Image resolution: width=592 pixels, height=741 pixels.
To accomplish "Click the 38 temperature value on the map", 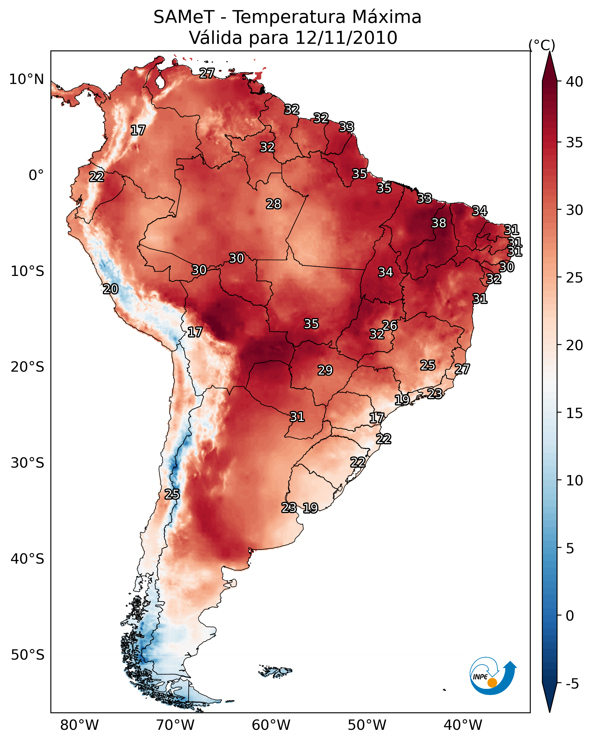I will coord(439,223).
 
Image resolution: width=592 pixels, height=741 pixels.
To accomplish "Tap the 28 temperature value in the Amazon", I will coord(274,204).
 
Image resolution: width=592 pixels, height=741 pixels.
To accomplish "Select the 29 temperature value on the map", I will coord(325,370).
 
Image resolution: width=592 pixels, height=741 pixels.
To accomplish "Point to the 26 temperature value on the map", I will coord(390,325).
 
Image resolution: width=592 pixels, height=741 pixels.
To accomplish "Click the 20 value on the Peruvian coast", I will coord(111,289).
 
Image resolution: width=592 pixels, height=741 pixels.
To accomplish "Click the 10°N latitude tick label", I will coord(26,79).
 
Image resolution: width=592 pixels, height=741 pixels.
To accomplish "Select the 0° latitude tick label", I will coord(36,175).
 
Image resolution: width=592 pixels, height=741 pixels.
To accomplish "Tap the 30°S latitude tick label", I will coord(27,463).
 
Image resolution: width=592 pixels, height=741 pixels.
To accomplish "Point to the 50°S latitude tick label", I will coord(27,655).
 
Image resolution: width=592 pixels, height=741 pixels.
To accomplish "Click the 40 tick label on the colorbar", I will coord(575,82).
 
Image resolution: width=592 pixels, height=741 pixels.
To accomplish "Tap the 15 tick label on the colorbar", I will coord(575,413).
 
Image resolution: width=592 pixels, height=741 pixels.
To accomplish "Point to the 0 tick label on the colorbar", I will coord(570,616).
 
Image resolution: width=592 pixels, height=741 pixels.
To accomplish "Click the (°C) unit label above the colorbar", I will coord(542,45).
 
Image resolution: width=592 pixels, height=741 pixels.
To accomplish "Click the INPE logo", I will coord(492,676).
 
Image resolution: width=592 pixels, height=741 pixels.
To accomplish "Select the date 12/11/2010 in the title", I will coord(346,38).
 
